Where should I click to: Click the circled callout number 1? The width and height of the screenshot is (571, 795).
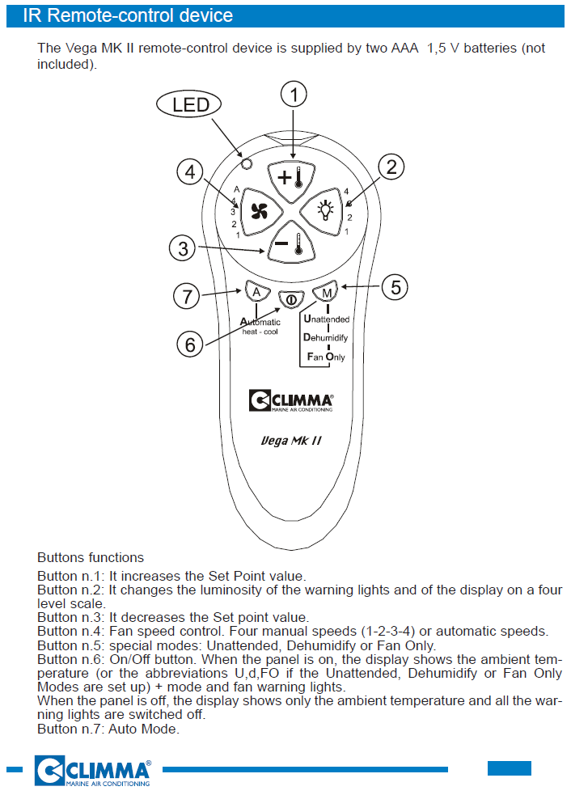click(294, 95)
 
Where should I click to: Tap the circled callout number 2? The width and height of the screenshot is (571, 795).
click(391, 167)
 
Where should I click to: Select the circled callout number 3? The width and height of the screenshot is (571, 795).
click(184, 248)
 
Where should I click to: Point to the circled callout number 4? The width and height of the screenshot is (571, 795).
click(189, 171)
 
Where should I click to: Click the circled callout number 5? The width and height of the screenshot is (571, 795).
click(395, 285)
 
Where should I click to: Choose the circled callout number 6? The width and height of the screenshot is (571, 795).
click(189, 345)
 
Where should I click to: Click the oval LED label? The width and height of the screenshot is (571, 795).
click(191, 104)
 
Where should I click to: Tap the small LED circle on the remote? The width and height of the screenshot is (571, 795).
click(247, 163)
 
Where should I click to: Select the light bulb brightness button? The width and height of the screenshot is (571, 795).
click(324, 211)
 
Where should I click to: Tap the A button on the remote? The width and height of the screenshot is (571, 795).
click(256, 291)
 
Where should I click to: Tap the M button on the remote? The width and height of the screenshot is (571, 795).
click(325, 291)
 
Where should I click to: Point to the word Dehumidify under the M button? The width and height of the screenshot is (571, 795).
click(325, 337)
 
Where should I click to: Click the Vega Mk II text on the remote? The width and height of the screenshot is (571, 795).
click(292, 441)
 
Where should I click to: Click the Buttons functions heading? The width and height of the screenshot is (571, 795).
click(91, 557)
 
